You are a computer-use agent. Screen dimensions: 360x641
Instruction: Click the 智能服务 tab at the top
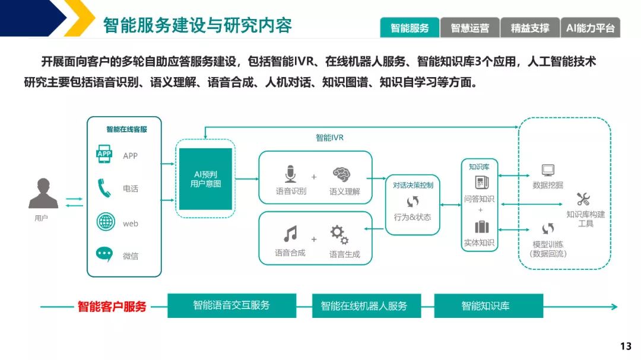pyautogui.click(x=410, y=28)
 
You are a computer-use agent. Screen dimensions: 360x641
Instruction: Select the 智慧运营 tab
pyautogui.click(x=470, y=28)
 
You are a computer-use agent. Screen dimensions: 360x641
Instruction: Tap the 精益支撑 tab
pyautogui.click(x=530, y=28)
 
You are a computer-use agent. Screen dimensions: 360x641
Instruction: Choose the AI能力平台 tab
pyautogui.click(x=590, y=28)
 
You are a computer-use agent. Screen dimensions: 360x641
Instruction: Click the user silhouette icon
pyautogui.click(x=43, y=193)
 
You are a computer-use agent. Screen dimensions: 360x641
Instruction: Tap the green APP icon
pyautogui.click(x=104, y=155)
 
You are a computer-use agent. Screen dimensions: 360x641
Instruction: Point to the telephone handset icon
pyautogui.click(x=104, y=189)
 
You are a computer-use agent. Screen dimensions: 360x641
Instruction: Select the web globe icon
pyautogui.click(x=105, y=222)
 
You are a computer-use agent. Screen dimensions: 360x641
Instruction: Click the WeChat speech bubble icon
pyautogui.click(x=104, y=254)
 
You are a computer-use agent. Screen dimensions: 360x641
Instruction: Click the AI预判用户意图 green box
pyautogui.click(x=205, y=179)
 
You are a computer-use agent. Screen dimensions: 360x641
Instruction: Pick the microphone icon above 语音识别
pyautogui.click(x=290, y=174)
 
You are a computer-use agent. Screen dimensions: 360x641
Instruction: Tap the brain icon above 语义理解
pyautogui.click(x=341, y=174)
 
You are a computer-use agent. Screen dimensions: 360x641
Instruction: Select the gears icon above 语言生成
pyautogui.click(x=339, y=235)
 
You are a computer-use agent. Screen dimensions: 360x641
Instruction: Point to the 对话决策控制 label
pyautogui.click(x=413, y=185)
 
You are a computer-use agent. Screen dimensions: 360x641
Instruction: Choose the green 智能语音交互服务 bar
pyautogui.click(x=231, y=305)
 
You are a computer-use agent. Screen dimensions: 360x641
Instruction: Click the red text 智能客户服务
pyautogui.click(x=112, y=307)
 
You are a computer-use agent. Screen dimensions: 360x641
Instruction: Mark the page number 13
pyautogui.click(x=626, y=346)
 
